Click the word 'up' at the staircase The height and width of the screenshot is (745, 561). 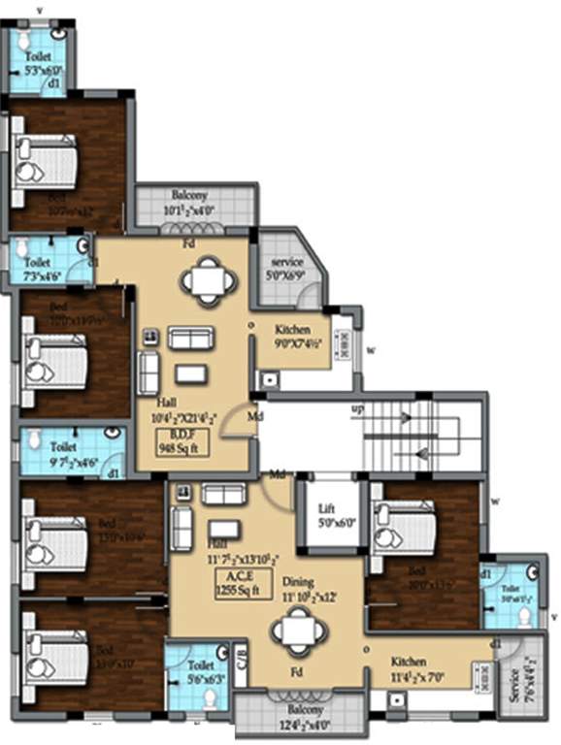(x=357, y=408)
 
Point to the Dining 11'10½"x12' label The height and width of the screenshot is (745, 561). (x=311, y=589)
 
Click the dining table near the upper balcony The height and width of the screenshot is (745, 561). (x=208, y=282)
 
